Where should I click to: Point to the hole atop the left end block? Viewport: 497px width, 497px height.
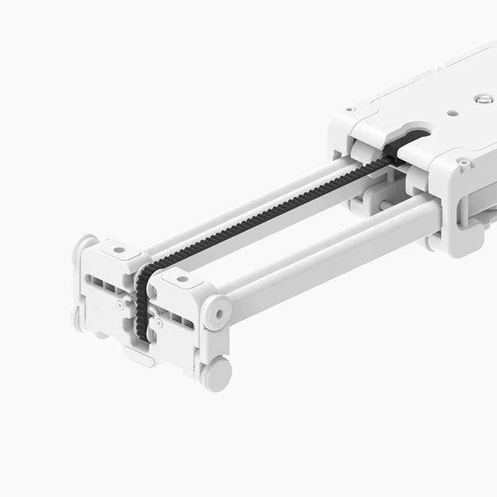click(x=119, y=249)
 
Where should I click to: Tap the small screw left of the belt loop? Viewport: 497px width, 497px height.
click(x=121, y=305)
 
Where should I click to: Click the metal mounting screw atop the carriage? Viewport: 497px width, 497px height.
click(x=485, y=99)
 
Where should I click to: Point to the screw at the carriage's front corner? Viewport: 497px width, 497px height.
click(x=463, y=164)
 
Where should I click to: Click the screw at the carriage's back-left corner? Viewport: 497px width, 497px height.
click(x=351, y=109)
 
